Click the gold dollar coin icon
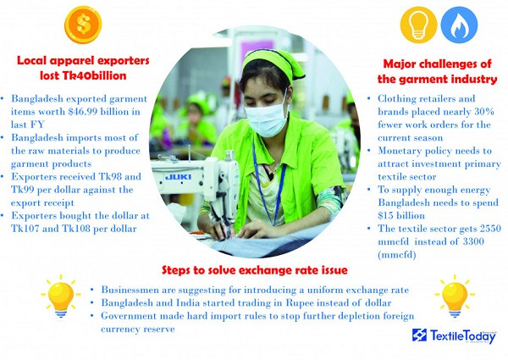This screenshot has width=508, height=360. click(83, 25)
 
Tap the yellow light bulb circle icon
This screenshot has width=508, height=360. click(418, 25)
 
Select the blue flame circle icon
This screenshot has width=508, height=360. click(459, 25)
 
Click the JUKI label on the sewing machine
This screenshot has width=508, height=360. click(178, 177)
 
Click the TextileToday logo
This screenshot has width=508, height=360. click(454, 335)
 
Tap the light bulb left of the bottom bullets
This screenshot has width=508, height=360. click(61, 296)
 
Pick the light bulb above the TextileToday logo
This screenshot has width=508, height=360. click(455, 296)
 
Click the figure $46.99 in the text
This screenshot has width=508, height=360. click(83, 112)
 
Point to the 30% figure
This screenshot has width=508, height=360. click(484, 112)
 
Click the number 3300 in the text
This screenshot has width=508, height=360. click(473, 241)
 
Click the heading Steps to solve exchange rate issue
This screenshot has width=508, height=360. click(255, 270)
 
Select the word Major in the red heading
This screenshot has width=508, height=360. click(399, 64)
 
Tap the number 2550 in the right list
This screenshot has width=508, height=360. click(490, 229)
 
